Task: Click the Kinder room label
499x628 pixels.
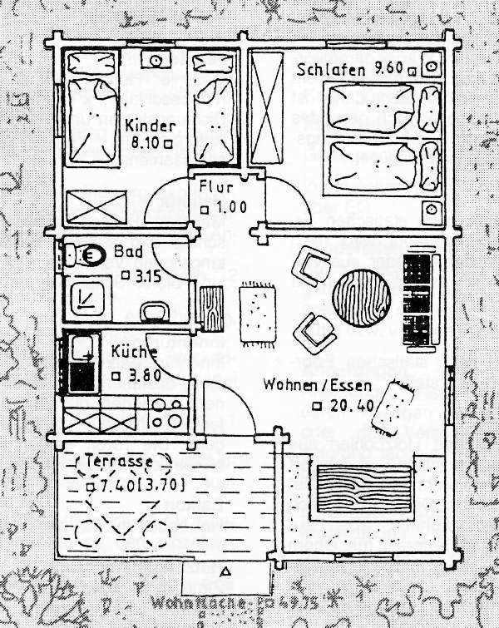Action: pos(151,126)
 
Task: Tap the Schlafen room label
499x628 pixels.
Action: pos(330,70)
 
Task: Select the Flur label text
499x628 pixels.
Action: pos(216,185)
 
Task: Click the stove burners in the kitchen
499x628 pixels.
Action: pos(169,412)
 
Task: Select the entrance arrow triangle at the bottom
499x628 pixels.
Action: pos(225,572)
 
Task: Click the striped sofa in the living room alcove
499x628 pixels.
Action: pos(364,489)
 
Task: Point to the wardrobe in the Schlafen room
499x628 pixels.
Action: pos(268,108)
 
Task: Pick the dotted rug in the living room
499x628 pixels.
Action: pos(257,314)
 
